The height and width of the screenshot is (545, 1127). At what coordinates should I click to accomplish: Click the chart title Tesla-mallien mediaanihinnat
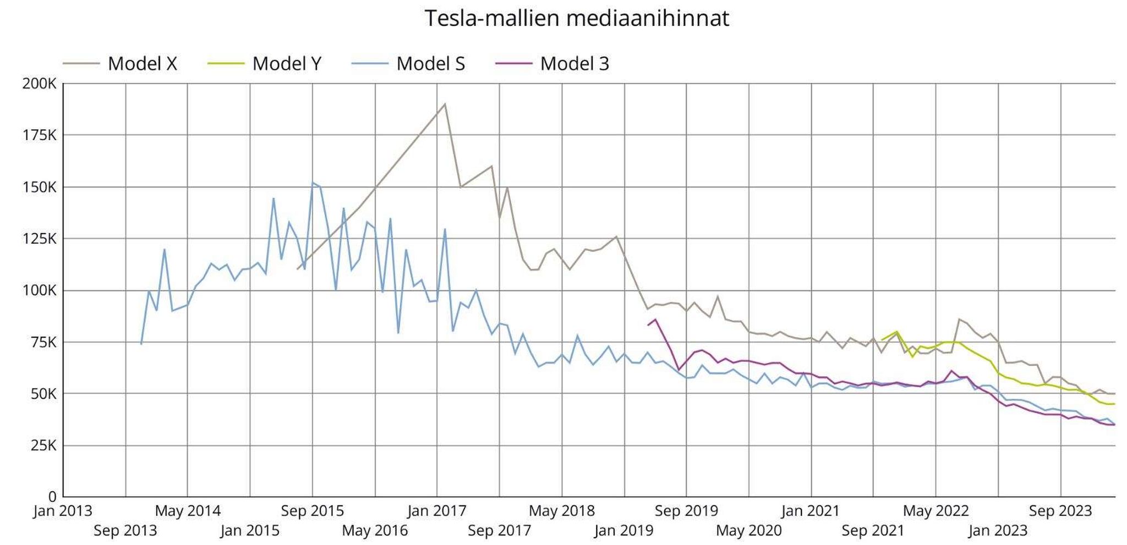pos(576,19)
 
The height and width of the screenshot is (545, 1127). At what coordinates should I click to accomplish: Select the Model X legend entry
pos(142,64)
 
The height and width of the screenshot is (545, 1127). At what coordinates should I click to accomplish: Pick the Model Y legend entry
pos(286,64)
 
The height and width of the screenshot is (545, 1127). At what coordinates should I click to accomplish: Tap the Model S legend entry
pos(430,64)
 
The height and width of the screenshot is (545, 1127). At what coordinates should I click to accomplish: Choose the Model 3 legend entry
pos(575,64)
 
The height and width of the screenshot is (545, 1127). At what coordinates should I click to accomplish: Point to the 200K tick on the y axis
pos(39,84)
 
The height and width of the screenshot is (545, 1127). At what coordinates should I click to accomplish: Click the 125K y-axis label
pos(39,239)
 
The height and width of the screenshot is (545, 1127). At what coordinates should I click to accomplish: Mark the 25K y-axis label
pos(42,445)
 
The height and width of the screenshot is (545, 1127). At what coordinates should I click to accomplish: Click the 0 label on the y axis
pos(52,497)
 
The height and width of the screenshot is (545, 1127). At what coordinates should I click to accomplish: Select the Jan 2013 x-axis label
pos(63,511)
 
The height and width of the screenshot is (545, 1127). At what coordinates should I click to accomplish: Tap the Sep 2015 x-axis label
pos(312,511)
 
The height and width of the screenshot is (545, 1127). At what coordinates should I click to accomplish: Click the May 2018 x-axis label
pos(562,511)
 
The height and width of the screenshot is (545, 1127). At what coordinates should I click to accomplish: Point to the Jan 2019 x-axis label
pos(624,531)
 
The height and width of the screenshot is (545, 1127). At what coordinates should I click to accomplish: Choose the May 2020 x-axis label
pos(748,531)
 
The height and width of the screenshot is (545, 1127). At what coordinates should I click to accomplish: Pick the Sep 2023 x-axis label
pos(1060,511)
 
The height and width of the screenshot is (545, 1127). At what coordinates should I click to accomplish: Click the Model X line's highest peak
pos(445,104)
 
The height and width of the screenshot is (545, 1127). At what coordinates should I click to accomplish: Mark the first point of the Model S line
pos(141,344)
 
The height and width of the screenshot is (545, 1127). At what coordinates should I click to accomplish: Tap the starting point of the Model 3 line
pos(648,325)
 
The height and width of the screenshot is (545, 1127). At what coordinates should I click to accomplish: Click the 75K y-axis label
pos(42,342)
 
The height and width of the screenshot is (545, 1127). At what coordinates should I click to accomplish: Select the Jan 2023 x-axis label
pos(998,531)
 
